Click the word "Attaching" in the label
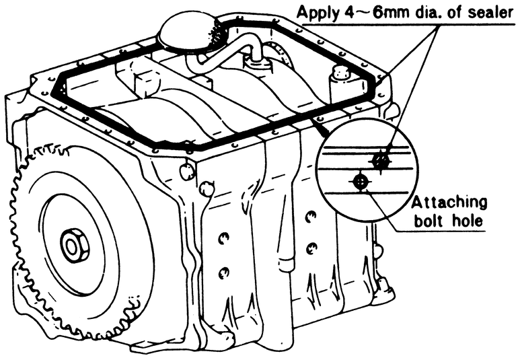coord(449,203)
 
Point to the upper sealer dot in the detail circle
coord(381,159)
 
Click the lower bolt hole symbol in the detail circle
coord(361,182)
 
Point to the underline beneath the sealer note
coord(404,23)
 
